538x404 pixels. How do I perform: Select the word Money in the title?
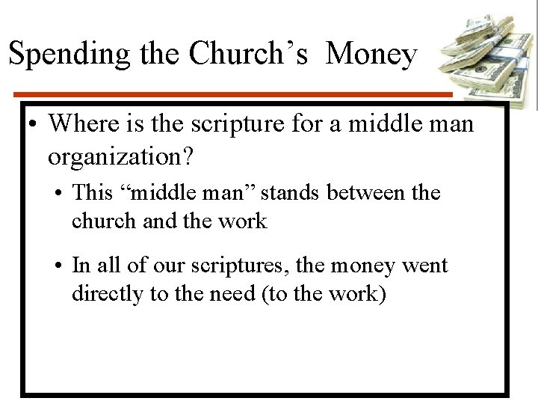[371, 54]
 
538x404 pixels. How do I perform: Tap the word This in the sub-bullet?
[91, 193]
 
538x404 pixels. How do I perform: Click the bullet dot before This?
[58, 194]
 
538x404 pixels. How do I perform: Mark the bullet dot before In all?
[58, 266]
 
